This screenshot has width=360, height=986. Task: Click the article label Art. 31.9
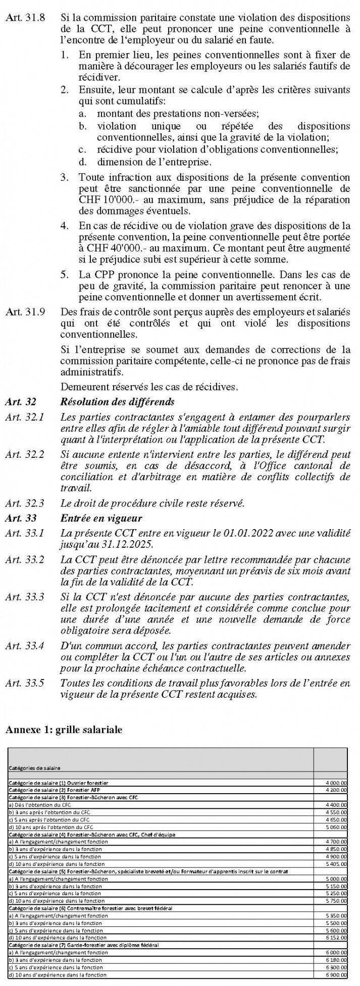(24, 312)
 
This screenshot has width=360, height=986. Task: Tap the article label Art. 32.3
(24, 503)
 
